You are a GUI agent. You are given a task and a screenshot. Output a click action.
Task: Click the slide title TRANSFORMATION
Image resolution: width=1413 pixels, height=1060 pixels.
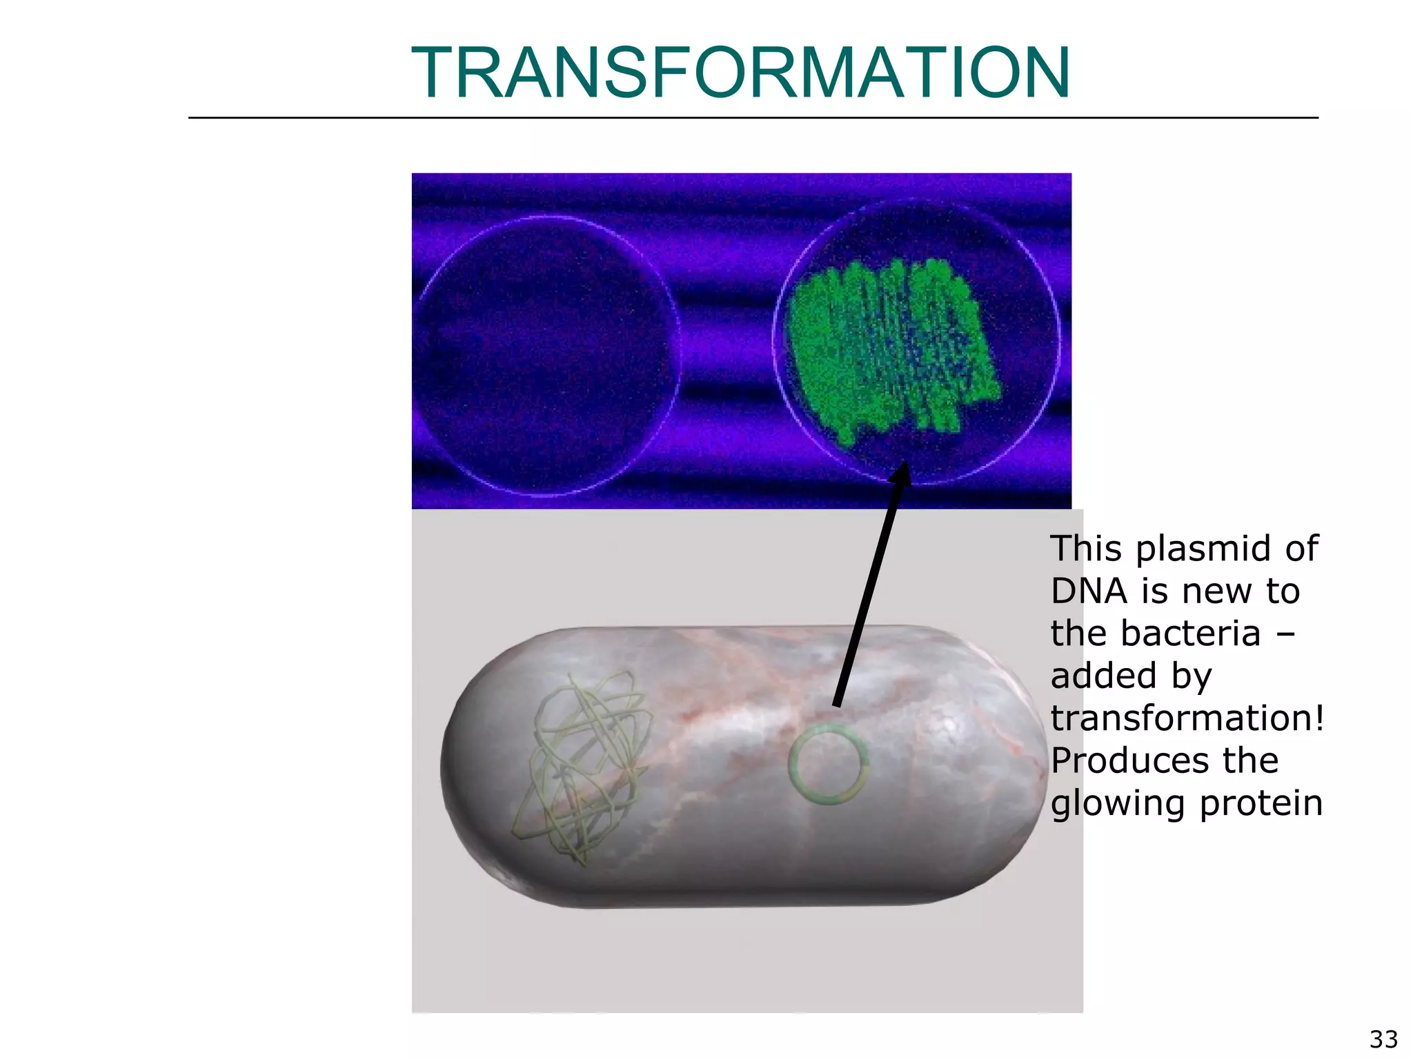740,72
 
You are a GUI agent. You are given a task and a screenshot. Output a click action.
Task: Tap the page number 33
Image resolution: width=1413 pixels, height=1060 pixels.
1383,1039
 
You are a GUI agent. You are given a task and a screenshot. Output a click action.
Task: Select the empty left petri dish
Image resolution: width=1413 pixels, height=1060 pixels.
549,355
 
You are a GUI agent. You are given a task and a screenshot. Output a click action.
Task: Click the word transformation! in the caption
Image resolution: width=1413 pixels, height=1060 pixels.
1187,718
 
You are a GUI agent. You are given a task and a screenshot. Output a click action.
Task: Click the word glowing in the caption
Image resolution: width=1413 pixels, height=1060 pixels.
1119,804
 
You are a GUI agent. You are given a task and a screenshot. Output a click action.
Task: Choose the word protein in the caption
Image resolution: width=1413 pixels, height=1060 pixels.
1261,804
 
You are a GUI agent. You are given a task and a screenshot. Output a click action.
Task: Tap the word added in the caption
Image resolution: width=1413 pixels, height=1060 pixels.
1103,676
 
